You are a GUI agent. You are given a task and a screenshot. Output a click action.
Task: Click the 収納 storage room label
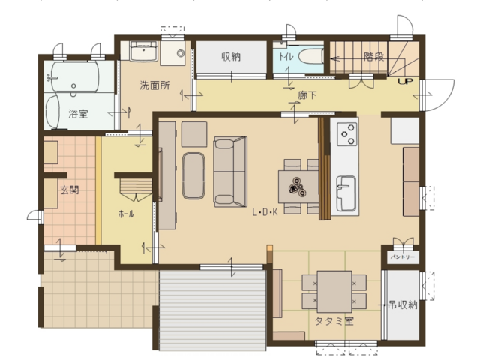tap(231, 57)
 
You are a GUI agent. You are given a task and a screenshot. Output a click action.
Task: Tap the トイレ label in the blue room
tap(286, 57)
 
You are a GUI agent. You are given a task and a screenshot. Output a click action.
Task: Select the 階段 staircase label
tap(373, 57)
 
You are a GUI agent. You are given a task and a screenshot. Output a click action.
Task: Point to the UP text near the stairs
tap(406, 82)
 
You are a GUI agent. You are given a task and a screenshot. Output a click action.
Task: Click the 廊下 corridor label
tap(307, 95)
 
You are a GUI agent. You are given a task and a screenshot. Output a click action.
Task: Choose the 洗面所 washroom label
tap(154, 85)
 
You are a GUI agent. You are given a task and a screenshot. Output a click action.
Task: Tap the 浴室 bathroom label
tap(78, 114)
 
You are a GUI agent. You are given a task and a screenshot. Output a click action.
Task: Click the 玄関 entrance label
tap(70, 190)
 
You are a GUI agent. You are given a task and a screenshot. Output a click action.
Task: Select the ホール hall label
tap(126, 214)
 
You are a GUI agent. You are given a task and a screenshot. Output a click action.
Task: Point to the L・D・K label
tap(265, 212)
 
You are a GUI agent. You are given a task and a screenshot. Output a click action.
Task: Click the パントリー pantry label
tap(402, 256)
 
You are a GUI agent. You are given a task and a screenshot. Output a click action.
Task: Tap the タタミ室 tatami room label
tap(334, 321)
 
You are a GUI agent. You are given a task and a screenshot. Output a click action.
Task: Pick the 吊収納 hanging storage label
tap(403, 305)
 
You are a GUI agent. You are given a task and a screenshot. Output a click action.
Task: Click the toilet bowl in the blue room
tap(311, 57)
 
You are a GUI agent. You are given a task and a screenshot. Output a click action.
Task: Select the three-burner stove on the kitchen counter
tap(347, 133)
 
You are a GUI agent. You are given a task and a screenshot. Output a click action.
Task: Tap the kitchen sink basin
tap(346, 193)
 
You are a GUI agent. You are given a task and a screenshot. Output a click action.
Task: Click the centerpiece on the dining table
tap(297, 187)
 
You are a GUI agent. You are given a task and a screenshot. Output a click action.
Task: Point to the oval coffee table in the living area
tap(193, 176)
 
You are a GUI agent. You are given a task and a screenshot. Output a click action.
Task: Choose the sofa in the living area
tap(230, 172)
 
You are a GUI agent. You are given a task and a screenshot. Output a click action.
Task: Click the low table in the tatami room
tap(334, 292)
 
